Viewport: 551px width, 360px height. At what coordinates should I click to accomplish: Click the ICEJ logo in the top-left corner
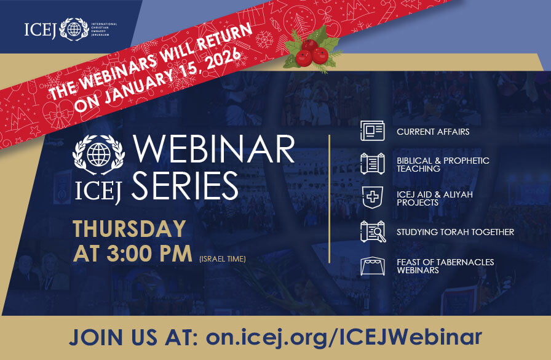[x=70, y=29]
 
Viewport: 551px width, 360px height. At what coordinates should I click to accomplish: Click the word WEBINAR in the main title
[x=214, y=151]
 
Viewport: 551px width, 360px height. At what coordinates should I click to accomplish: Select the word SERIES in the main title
[x=185, y=185]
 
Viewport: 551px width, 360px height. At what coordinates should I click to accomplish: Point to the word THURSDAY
[x=129, y=229]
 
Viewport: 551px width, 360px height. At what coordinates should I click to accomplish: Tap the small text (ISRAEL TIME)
[x=222, y=259]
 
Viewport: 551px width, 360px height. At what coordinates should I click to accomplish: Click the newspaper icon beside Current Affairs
[x=373, y=131]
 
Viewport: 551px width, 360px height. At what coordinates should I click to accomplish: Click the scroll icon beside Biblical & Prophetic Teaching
[x=373, y=164]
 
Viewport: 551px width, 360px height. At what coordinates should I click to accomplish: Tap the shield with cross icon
[x=373, y=198]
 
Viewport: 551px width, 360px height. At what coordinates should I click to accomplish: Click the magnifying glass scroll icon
[x=373, y=232]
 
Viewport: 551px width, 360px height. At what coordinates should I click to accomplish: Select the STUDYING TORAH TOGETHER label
[x=455, y=232]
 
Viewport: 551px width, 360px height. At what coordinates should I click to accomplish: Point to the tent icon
[x=373, y=266]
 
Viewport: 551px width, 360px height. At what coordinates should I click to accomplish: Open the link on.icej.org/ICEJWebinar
[x=344, y=337]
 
